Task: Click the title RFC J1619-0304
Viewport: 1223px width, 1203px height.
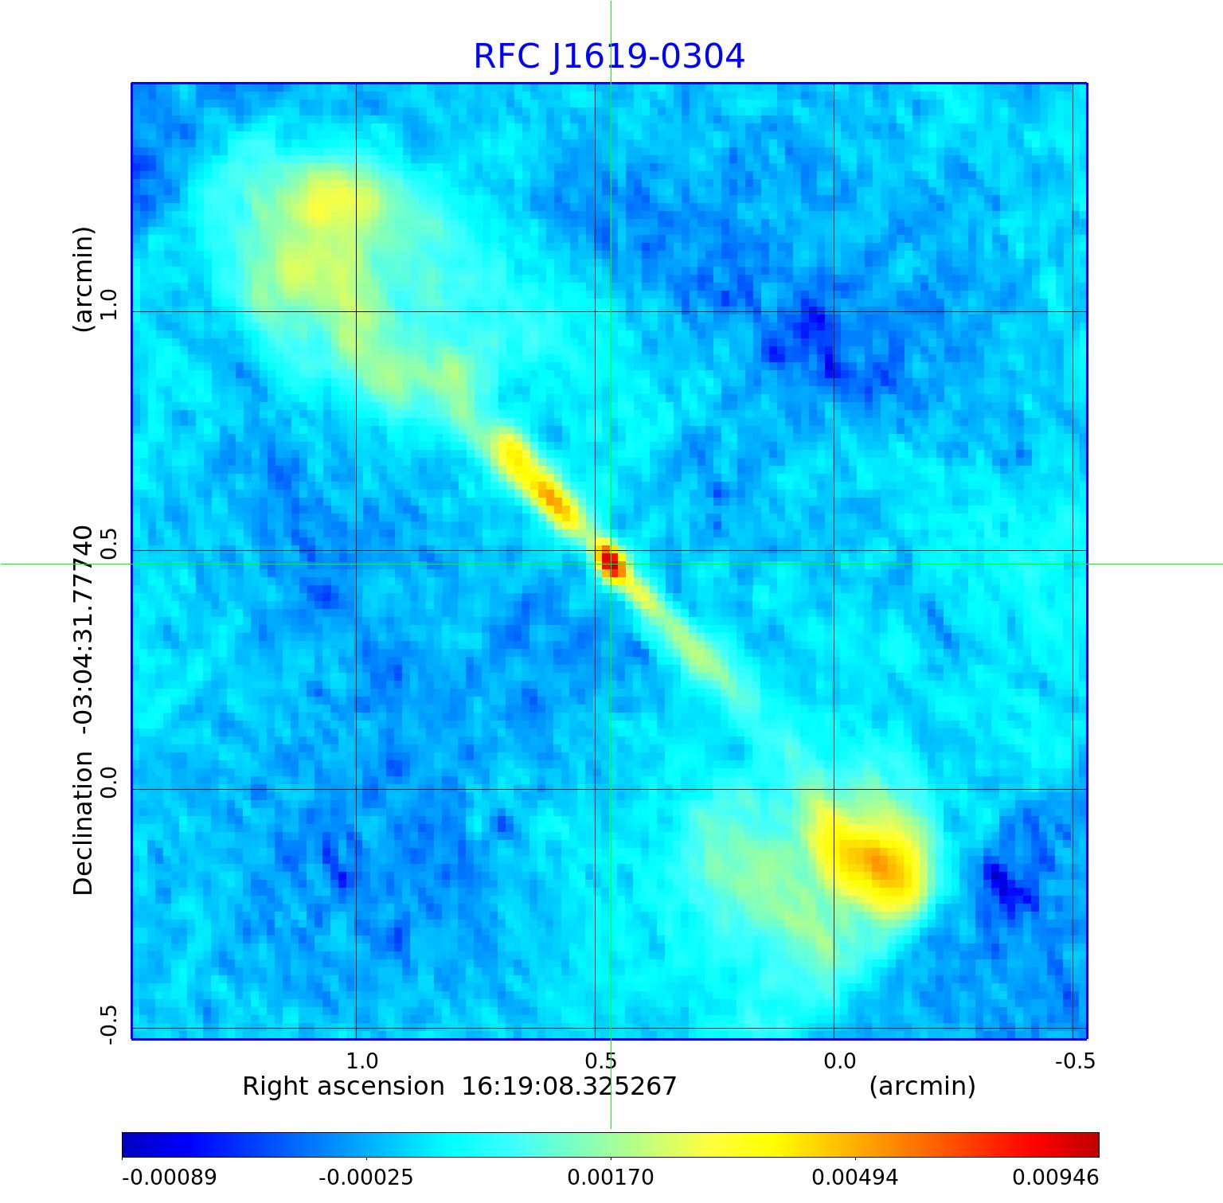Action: (609, 57)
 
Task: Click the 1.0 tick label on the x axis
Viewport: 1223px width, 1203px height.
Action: (361, 1060)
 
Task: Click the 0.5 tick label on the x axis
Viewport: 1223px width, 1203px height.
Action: (600, 1060)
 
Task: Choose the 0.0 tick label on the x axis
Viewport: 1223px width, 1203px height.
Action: (839, 1060)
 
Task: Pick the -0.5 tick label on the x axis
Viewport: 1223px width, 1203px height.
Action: (1075, 1060)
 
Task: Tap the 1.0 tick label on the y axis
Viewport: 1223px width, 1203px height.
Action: (108, 304)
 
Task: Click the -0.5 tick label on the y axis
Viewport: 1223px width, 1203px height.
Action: (108, 1024)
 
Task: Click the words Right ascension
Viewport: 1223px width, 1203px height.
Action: (343, 1086)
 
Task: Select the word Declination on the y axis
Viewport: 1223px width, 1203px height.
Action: (83, 824)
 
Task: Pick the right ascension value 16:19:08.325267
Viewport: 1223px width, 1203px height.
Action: (569, 1086)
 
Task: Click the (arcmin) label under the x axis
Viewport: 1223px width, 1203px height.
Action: (922, 1086)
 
